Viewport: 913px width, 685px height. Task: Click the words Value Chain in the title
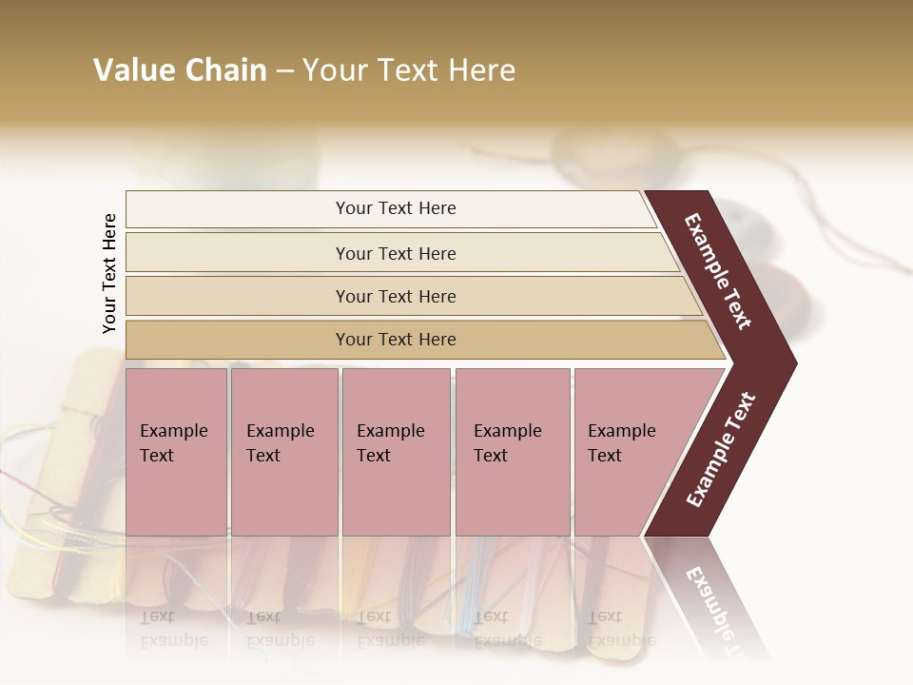(x=180, y=70)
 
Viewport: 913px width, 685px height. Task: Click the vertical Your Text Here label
(x=109, y=274)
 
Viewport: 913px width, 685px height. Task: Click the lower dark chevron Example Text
(x=720, y=450)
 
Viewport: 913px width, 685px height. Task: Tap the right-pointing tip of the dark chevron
(x=789, y=363)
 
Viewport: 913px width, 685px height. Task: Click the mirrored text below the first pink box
(x=173, y=628)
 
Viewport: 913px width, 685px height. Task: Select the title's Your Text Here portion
(x=409, y=70)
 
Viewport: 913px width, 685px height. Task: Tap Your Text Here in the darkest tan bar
(x=396, y=340)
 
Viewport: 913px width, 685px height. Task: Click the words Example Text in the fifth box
(x=621, y=443)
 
